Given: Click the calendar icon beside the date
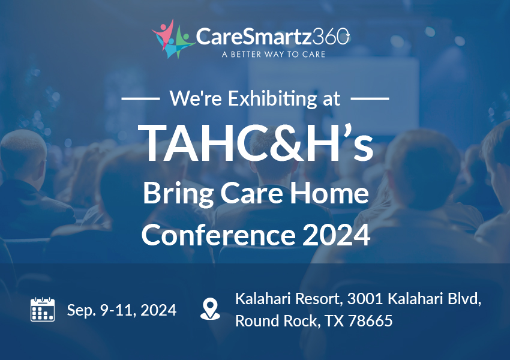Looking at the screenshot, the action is (43, 309).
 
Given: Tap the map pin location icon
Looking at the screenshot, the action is (210, 309).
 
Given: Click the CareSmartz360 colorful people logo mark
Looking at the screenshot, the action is (173, 39).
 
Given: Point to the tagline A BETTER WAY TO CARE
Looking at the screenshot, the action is (274, 55).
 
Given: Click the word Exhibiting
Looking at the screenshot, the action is (272, 98).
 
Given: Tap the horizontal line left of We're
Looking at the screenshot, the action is (140, 98).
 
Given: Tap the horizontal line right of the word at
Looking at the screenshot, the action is (370, 98).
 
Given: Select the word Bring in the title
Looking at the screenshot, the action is (178, 194).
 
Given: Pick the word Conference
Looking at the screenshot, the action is (218, 235).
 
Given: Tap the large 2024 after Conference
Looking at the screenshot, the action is (337, 235).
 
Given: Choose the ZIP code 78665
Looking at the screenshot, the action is (370, 320).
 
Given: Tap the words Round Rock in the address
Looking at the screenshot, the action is (275, 320).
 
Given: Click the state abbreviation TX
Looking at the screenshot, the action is (334, 320).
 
